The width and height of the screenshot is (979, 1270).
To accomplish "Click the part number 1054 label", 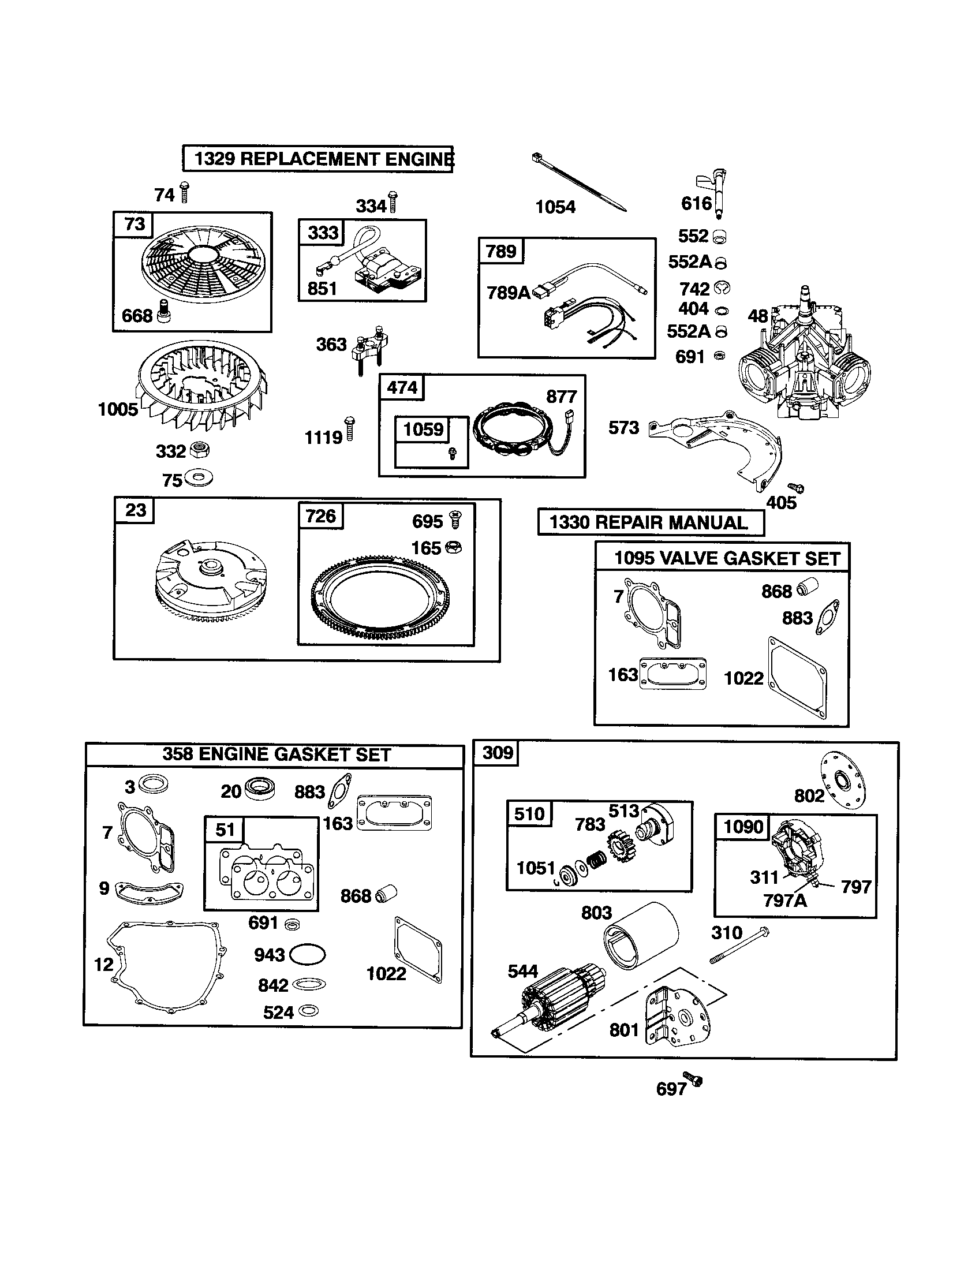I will click(555, 207).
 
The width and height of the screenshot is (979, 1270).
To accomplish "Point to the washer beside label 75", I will click(199, 479).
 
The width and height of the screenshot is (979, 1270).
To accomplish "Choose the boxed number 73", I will click(135, 224).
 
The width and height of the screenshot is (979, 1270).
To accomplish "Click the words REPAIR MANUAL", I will click(671, 522).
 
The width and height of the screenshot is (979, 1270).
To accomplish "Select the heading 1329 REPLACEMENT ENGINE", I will click(319, 159).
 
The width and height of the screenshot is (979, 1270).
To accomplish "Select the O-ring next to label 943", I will click(307, 954).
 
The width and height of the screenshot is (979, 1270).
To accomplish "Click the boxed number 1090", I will click(743, 826).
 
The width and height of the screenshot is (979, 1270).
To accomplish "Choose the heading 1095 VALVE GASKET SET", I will click(727, 559).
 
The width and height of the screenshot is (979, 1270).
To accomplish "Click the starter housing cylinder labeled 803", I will click(641, 933).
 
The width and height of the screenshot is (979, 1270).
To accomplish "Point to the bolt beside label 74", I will click(185, 192).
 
